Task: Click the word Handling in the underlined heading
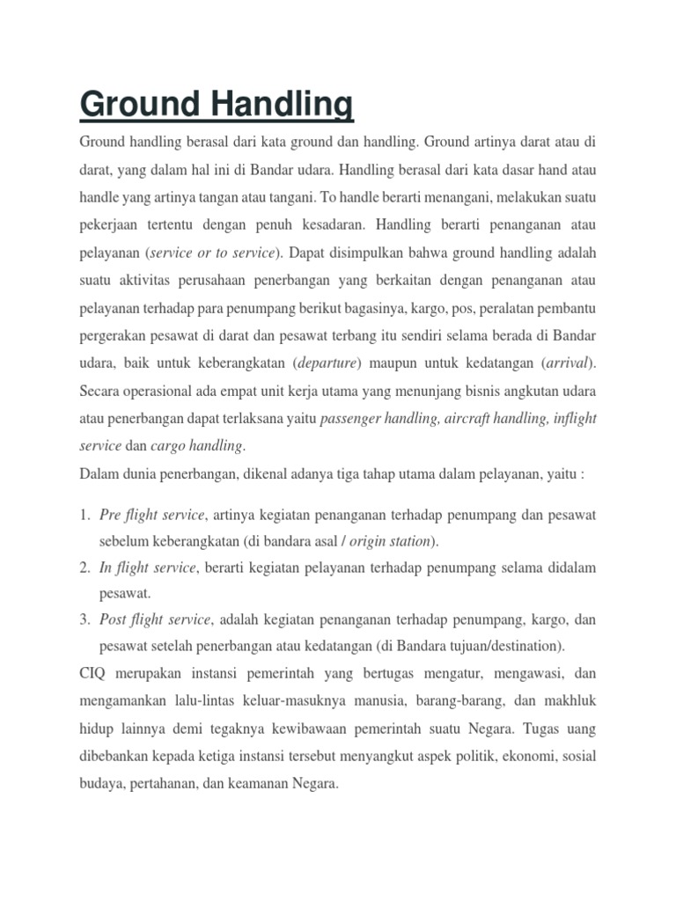[282, 106]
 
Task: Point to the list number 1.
[84, 514]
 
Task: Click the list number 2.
[84, 568]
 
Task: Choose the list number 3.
[84, 620]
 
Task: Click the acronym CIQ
[94, 673]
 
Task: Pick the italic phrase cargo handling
[199, 445]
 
